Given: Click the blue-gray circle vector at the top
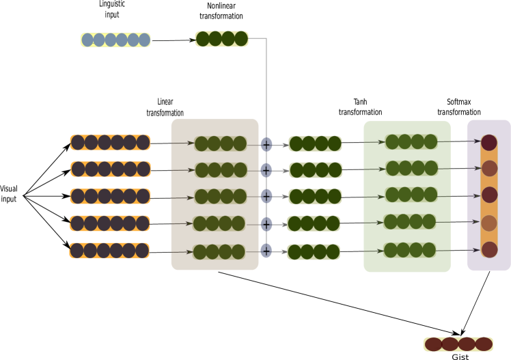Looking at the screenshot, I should [x=115, y=40].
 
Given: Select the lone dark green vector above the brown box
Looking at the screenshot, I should [x=221, y=39].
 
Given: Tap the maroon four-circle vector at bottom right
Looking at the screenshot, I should [x=458, y=344].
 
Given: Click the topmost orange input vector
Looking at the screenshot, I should [x=110, y=142].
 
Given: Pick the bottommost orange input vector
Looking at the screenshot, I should [x=109, y=251].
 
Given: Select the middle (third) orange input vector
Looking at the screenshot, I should [x=110, y=196].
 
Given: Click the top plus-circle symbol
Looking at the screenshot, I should [x=266, y=144].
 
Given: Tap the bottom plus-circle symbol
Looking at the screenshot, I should [x=266, y=251].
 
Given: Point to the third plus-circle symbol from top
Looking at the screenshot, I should [x=266, y=196].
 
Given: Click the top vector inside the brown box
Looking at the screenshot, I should [x=220, y=143].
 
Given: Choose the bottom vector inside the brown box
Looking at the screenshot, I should [x=218, y=252].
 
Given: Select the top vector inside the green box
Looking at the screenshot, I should [x=411, y=141].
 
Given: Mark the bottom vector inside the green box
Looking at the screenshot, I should [x=409, y=250].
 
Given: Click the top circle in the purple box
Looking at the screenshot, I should [x=489, y=143].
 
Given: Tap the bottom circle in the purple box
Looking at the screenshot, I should [x=489, y=249].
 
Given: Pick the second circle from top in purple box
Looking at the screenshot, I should [x=489, y=169].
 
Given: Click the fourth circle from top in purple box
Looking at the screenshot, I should [x=489, y=223].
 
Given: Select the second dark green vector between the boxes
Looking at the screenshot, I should [x=315, y=170].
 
